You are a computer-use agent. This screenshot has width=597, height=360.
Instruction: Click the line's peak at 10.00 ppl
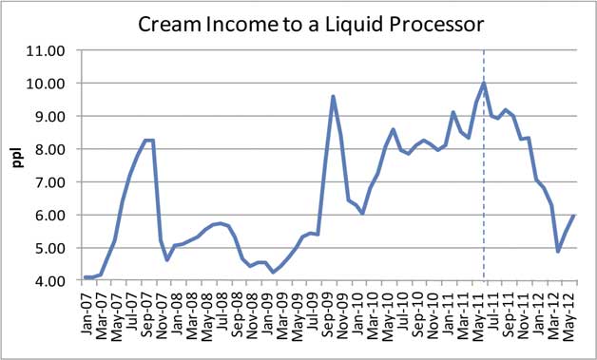[485, 84]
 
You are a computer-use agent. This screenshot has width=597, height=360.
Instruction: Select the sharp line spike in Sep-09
[333, 96]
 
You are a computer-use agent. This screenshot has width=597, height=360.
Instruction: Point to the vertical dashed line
[485, 190]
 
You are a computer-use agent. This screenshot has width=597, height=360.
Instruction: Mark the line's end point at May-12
[574, 217]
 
